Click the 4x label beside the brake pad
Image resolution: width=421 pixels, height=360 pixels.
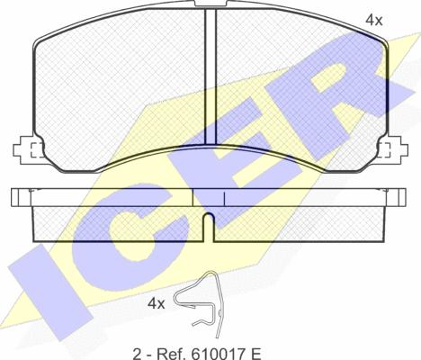(373, 20)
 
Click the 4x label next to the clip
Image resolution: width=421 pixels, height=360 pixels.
(156, 304)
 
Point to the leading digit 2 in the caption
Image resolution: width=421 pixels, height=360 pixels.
(137, 354)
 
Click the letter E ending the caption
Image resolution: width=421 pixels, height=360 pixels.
(255, 354)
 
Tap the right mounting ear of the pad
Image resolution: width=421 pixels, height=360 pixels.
(392, 149)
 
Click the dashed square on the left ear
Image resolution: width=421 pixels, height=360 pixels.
(37, 149)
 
